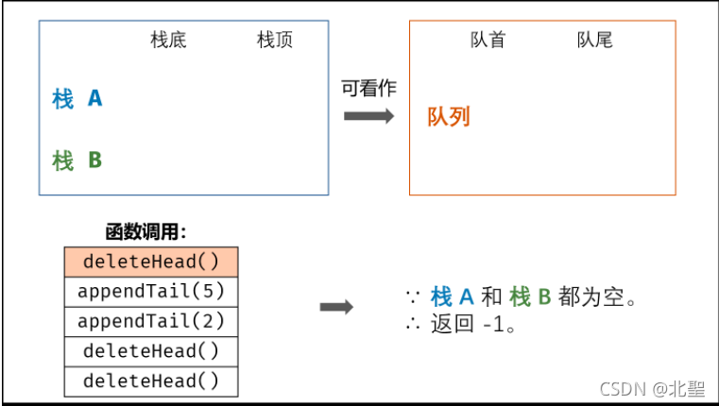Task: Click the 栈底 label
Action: [169, 41]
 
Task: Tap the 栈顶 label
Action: [275, 41]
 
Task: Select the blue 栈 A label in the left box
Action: [77, 98]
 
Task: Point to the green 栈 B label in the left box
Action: [77, 161]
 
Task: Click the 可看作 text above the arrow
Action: [368, 89]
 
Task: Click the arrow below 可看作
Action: [368, 115]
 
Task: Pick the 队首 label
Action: [488, 41]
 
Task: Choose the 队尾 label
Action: [594, 41]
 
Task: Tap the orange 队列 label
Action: [449, 117]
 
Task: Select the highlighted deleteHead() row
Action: [151, 262]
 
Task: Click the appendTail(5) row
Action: [151, 291]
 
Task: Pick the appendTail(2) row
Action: [151, 321]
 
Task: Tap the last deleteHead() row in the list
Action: [151, 381]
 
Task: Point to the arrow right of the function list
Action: [336, 308]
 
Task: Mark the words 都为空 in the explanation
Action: [591, 296]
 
